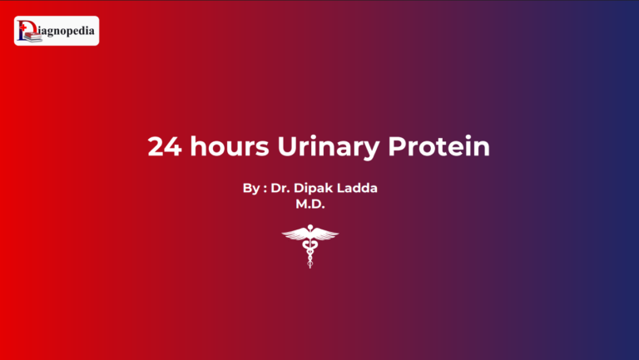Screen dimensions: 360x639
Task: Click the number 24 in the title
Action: [x=164, y=147]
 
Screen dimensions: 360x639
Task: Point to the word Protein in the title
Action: [x=439, y=147]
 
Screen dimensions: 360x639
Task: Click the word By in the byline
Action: [x=251, y=189]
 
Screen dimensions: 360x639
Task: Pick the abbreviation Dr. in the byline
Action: [x=281, y=189]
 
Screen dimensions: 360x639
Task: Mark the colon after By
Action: [x=265, y=190]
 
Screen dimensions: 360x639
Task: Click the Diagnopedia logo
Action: [x=57, y=31]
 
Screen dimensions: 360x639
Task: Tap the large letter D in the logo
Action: [x=25, y=31]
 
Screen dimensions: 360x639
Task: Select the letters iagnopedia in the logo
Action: [x=65, y=32]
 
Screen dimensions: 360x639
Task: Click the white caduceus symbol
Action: [x=310, y=245]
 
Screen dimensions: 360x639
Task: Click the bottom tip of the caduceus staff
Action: [x=310, y=267]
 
